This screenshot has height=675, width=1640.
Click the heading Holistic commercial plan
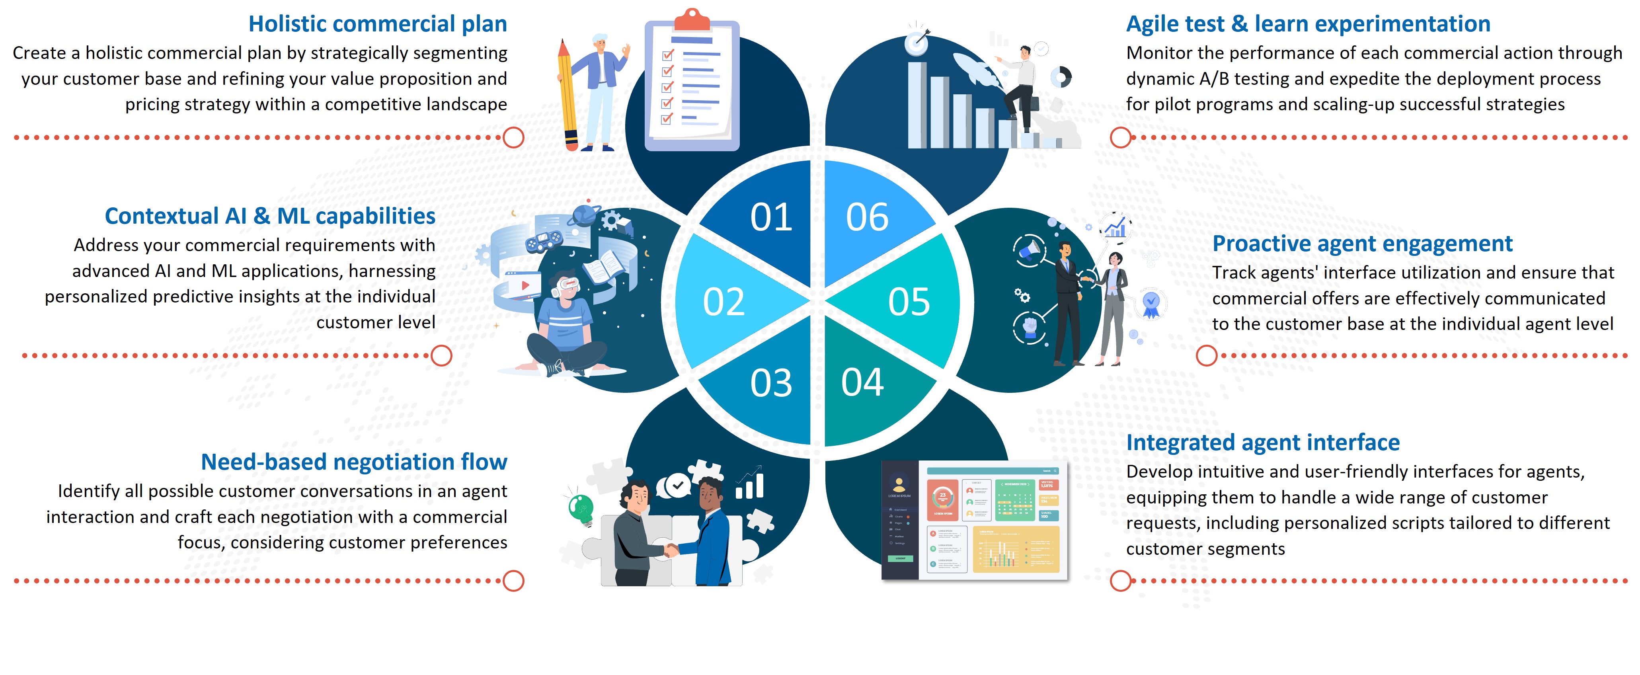coord(378,24)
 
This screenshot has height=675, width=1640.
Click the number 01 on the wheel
coord(771,217)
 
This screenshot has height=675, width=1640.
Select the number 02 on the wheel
coord(724,302)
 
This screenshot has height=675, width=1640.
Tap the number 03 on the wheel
coord(771,383)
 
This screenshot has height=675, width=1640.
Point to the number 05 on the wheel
coord(909,302)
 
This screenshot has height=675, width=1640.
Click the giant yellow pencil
coord(567,96)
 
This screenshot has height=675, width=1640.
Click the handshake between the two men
coord(671,549)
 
